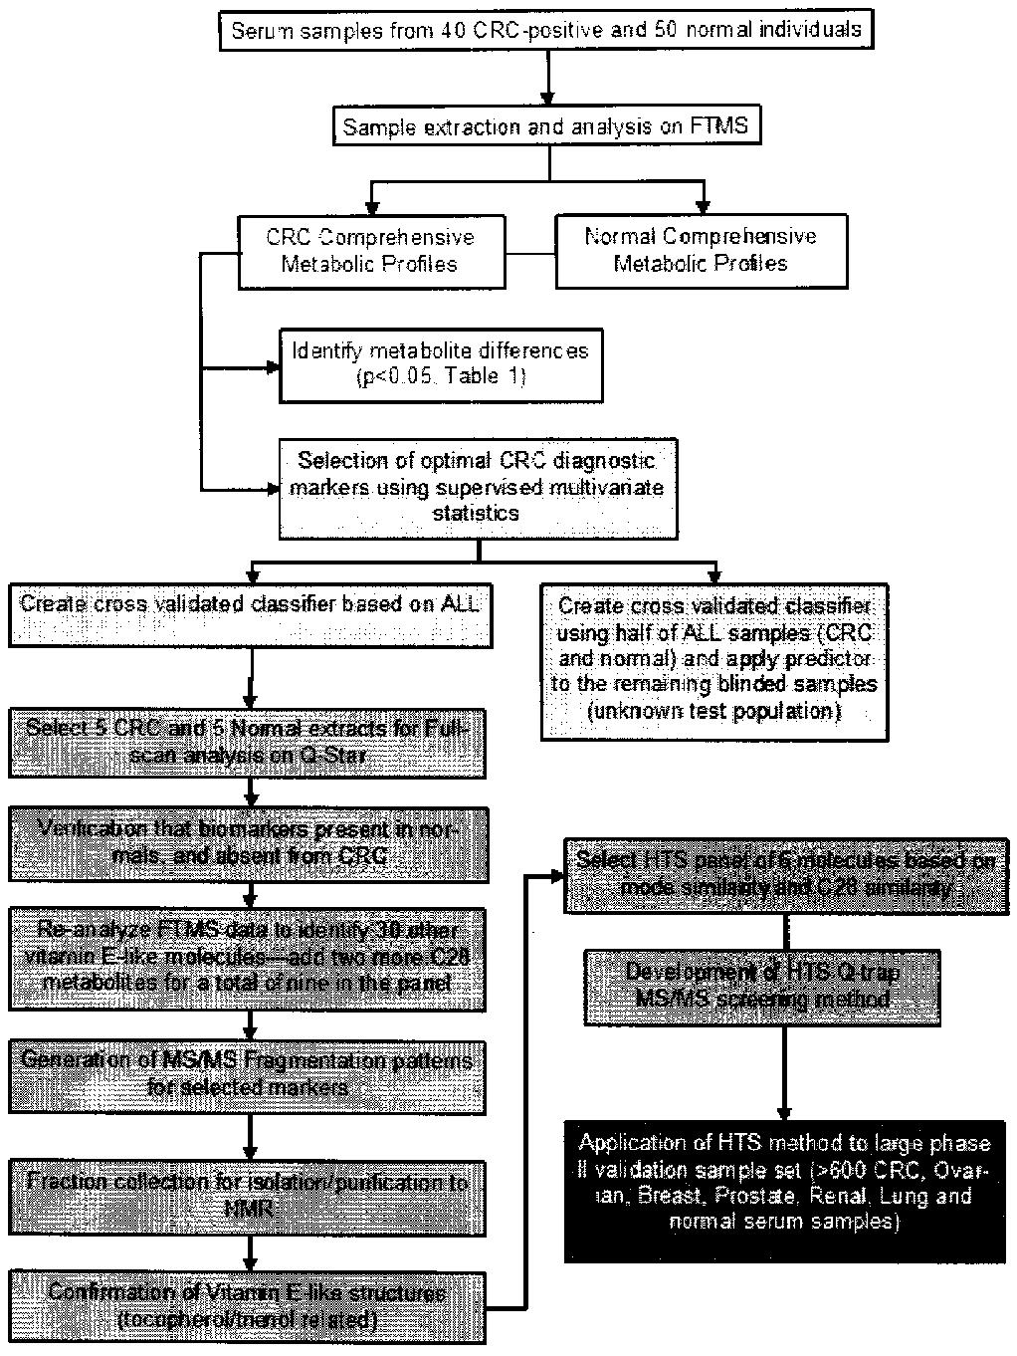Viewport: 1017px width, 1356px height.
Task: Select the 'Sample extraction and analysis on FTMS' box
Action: pos(548,127)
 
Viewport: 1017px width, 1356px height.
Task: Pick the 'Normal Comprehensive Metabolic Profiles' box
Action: pos(701,250)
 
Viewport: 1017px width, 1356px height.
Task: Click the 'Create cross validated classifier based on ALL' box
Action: pos(253,616)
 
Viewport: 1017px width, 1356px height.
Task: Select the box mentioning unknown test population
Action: pos(715,659)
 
